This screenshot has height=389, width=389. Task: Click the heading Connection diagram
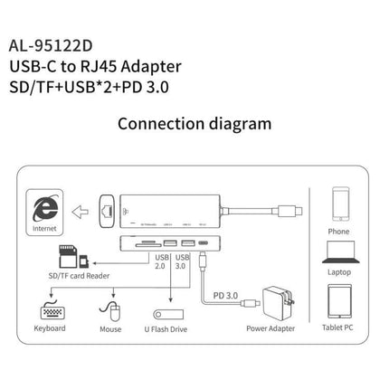coord(194,124)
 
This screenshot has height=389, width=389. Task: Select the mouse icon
coord(109,310)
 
